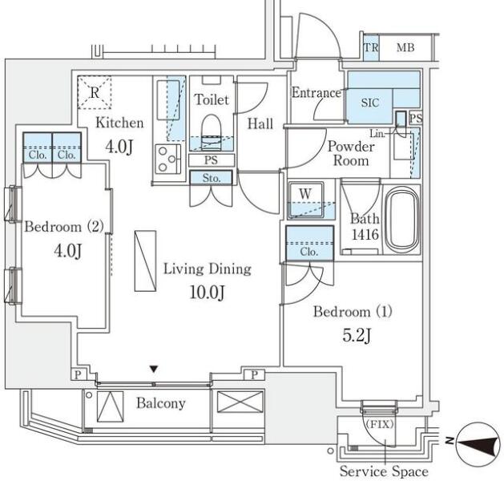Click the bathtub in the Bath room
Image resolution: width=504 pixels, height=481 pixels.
pyautogui.click(x=402, y=220)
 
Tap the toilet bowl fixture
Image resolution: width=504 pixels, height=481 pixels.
pyautogui.click(x=212, y=131)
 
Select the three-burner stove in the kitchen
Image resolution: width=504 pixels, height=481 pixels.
pyautogui.click(x=168, y=159)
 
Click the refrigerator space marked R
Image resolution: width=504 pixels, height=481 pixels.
pyautogui.click(x=95, y=93)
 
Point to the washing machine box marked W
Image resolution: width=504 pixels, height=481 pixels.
pyautogui.click(x=306, y=200)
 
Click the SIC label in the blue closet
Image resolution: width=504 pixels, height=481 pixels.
pyautogui.click(x=370, y=103)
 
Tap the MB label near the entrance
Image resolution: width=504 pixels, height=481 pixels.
pyautogui.click(x=405, y=47)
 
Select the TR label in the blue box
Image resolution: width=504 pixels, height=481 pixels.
pyautogui.click(x=371, y=47)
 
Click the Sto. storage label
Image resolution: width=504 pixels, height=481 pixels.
pyautogui.click(x=212, y=178)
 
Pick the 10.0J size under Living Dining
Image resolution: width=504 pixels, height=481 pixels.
pyautogui.click(x=208, y=293)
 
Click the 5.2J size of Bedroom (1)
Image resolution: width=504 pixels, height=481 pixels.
pyautogui.click(x=357, y=335)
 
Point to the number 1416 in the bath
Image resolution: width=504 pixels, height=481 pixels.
pyautogui.click(x=365, y=235)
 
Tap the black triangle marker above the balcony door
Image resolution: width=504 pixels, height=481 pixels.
pyautogui.click(x=154, y=369)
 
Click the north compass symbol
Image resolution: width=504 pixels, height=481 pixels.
pyautogui.click(x=478, y=444)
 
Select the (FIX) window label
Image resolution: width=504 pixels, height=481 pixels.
pyautogui.click(x=379, y=424)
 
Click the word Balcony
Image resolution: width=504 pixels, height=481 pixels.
pyautogui.click(x=161, y=403)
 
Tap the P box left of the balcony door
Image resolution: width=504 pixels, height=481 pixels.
pyautogui.click(x=78, y=374)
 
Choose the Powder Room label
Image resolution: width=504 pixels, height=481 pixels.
pyautogui.click(x=351, y=153)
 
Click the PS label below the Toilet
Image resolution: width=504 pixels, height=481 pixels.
pyautogui.click(x=211, y=160)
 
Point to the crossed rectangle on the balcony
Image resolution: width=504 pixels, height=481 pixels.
pyautogui.click(x=240, y=402)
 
